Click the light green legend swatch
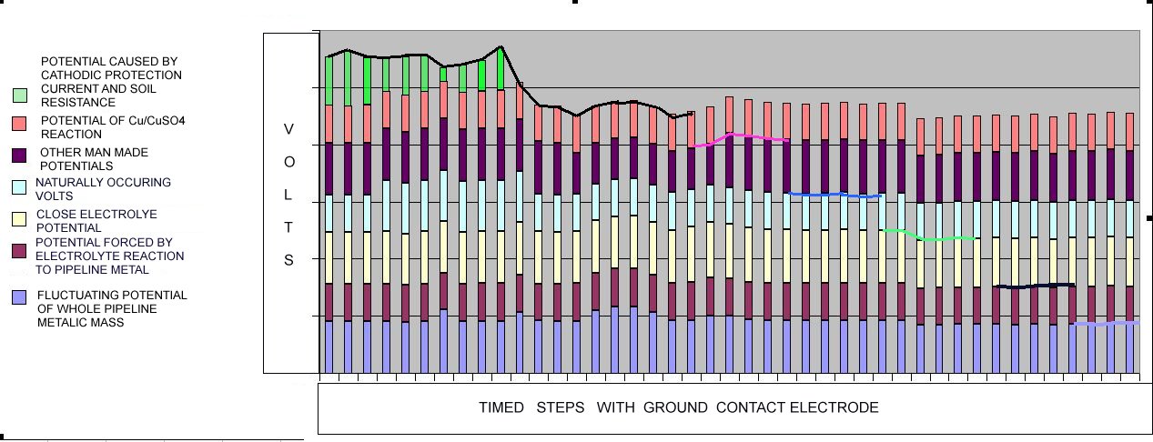(20, 95)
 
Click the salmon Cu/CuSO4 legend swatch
(20, 123)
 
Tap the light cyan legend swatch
(20, 186)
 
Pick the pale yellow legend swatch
(20, 219)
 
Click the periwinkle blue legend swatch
(20, 297)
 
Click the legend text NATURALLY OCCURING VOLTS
(90, 188)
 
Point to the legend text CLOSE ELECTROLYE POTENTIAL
(90, 221)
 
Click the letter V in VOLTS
(288, 129)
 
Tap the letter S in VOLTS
(288, 260)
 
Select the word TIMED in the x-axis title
(501, 407)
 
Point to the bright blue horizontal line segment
(835, 195)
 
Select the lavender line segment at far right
(1106, 323)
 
